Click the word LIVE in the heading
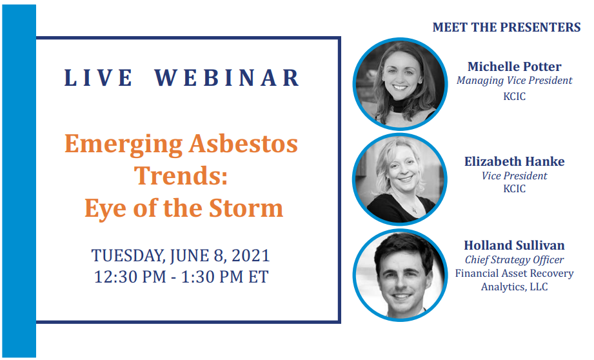tap(98, 77)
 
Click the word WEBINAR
tap(227, 77)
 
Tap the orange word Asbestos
tap(244, 144)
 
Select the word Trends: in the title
tap(181, 176)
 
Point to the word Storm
tap(246, 208)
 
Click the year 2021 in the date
tap(251, 255)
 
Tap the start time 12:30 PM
tap(130, 277)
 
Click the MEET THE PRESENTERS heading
tap(506, 27)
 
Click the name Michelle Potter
tap(514, 66)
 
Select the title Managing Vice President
tap(514, 81)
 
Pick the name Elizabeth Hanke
tap(515, 161)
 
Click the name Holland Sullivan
tap(514, 245)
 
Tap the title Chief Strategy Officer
tap(514, 260)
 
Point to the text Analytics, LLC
tap(514, 287)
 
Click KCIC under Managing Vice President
tap(514, 97)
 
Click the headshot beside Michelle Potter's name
tap(401, 84)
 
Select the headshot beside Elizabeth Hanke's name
tap(400, 179)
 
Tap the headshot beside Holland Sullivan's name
tap(401, 275)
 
